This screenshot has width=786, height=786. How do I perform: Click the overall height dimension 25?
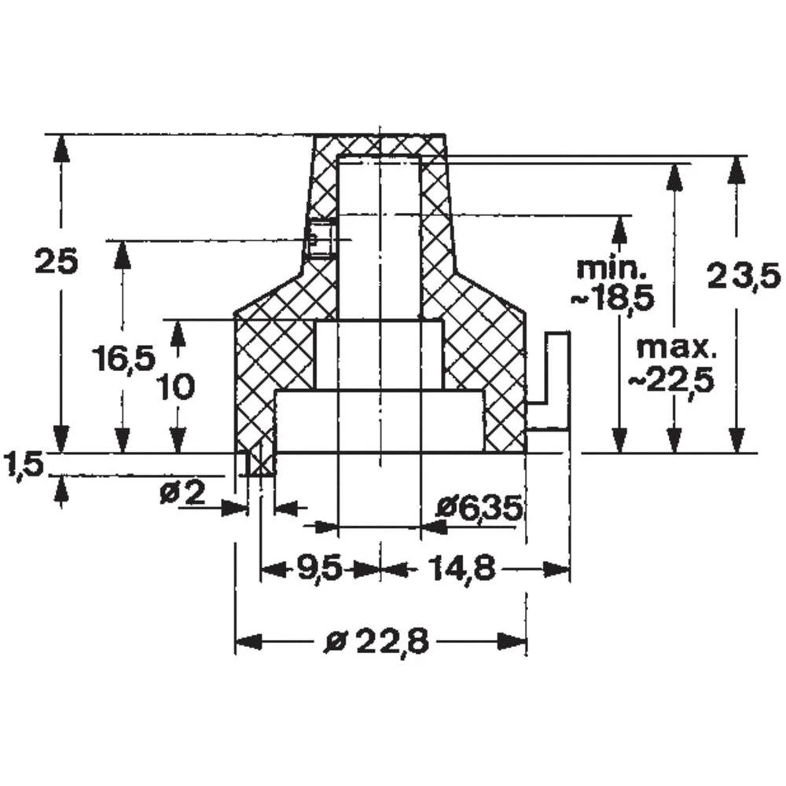pos(57,261)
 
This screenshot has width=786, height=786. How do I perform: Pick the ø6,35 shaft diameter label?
pos(479,509)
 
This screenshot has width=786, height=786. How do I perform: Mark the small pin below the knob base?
pos(260,464)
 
